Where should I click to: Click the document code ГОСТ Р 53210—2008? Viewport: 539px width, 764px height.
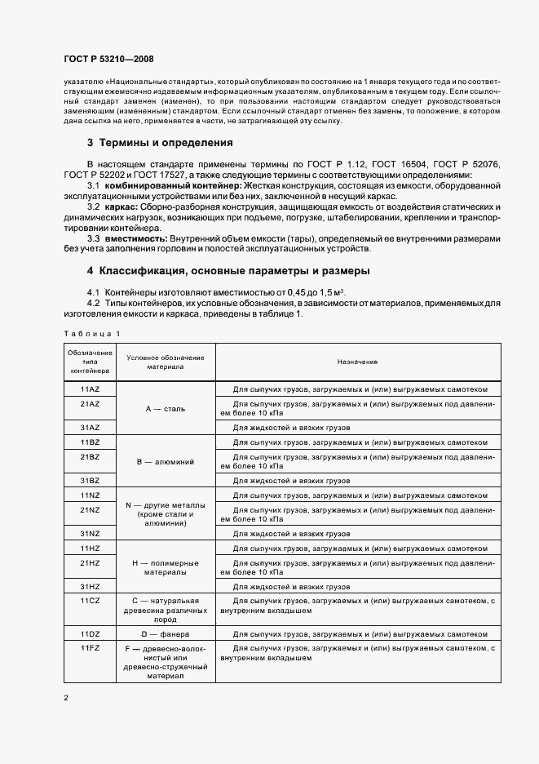(x=108, y=59)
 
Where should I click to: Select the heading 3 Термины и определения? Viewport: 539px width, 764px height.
(x=160, y=142)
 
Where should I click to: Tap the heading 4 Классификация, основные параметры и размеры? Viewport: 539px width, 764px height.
(x=228, y=270)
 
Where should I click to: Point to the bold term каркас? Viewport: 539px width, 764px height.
(x=121, y=207)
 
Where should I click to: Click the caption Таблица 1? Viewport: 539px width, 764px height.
(x=91, y=333)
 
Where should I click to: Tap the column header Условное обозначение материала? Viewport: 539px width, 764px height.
(x=166, y=362)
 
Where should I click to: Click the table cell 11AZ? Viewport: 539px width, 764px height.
(x=90, y=389)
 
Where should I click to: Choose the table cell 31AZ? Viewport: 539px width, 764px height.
(x=90, y=427)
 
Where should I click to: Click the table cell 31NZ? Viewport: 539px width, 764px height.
(x=90, y=533)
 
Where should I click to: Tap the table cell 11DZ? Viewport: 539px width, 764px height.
(x=90, y=633)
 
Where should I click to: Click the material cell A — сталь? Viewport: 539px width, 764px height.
(x=166, y=408)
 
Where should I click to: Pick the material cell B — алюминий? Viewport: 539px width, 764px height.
(x=166, y=461)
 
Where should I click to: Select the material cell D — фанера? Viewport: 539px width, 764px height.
(x=166, y=633)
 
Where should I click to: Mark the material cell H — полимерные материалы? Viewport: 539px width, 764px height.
(x=166, y=567)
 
